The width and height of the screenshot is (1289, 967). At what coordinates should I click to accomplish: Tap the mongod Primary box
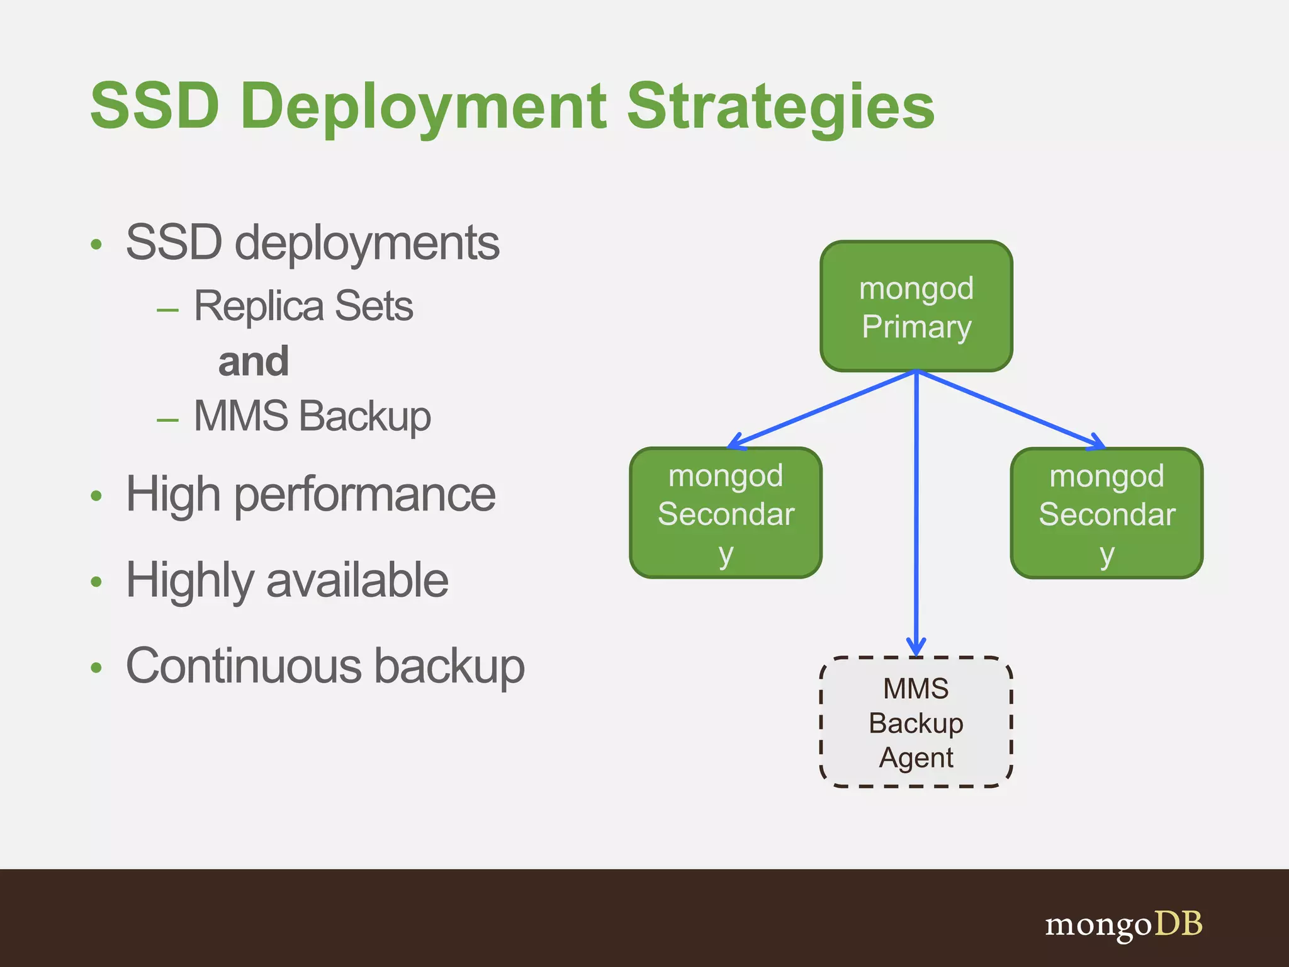(916, 307)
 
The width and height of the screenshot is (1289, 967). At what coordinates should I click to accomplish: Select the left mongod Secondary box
(726, 513)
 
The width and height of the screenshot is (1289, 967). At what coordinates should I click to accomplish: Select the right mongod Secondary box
(1106, 513)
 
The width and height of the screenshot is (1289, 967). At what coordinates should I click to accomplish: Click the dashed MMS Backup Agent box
(916, 722)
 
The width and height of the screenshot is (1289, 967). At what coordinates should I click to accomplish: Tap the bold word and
(253, 362)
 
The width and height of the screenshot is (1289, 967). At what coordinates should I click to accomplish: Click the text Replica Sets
(303, 307)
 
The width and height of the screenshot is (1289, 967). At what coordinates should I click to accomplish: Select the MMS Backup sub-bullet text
(312, 416)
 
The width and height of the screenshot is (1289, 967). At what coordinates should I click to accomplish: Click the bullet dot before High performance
(96, 496)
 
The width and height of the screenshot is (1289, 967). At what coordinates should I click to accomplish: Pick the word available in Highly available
(357, 580)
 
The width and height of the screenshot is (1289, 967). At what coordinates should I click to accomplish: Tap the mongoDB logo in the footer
(1123, 925)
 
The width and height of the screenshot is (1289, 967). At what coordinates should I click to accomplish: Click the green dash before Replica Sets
(167, 310)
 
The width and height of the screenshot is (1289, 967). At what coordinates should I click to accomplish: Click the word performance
(365, 496)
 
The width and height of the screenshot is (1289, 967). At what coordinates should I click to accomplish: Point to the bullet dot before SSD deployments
(96, 244)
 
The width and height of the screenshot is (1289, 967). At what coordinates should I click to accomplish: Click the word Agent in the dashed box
(916, 757)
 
